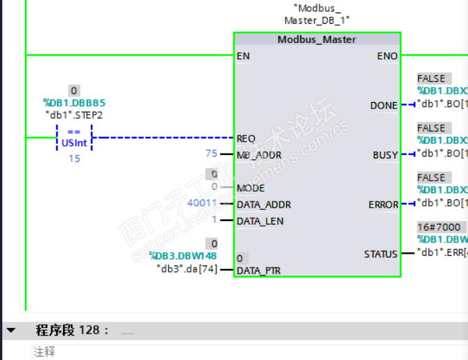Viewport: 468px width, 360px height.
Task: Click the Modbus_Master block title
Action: [317, 40]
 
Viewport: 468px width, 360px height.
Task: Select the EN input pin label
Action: [243, 56]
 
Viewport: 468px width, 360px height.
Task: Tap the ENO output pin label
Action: [387, 56]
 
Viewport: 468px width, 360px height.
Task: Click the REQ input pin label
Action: [246, 138]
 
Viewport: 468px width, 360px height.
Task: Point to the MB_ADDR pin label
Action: [260, 155]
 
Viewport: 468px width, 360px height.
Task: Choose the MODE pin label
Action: [250, 188]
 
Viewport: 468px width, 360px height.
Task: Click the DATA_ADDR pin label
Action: [263, 204]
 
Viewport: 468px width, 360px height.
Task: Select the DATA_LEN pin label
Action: [260, 221]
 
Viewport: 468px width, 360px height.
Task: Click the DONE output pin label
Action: [384, 106]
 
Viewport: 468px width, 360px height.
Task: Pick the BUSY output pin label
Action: [385, 156]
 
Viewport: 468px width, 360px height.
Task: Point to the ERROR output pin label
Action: [383, 205]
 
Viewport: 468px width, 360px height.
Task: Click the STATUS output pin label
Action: [381, 254]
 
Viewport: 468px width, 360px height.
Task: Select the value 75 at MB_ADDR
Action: [211, 154]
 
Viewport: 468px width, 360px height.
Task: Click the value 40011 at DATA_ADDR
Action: [202, 204]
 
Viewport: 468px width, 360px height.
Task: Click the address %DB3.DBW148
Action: [183, 256]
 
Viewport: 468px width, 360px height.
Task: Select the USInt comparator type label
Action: [74, 143]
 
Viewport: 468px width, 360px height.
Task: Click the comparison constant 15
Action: [74, 158]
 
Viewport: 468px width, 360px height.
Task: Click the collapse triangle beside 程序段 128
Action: [10, 329]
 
